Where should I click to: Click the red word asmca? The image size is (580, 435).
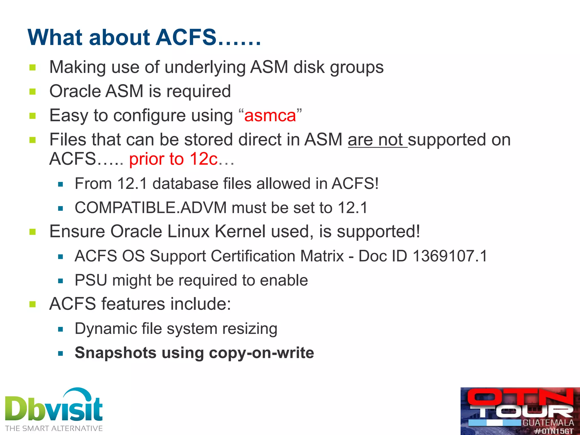[x=270, y=116]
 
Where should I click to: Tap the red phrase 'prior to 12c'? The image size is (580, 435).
[x=173, y=159]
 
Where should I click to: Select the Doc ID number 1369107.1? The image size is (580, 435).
[x=450, y=256]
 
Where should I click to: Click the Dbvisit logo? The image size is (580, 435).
[x=54, y=406]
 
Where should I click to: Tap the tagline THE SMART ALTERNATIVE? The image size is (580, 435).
[x=54, y=428]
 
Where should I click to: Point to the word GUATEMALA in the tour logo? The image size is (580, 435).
[x=548, y=423]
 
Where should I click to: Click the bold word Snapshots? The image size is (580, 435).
[x=116, y=353]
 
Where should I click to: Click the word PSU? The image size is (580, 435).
[x=91, y=280]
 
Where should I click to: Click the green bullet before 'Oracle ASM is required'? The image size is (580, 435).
[x=33, y=91]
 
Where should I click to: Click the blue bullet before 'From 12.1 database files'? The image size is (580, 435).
[x=60, y=184]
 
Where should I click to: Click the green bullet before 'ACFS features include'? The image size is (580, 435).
[x=33, y=304]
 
